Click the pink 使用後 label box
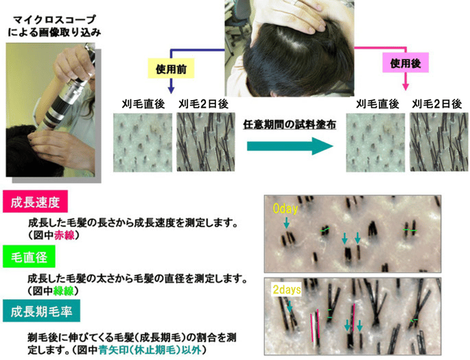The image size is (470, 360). [405, 62]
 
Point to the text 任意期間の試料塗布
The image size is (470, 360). [289, 124]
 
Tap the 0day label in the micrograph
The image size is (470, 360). [285, 207]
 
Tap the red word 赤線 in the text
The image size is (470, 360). [64, 235]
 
